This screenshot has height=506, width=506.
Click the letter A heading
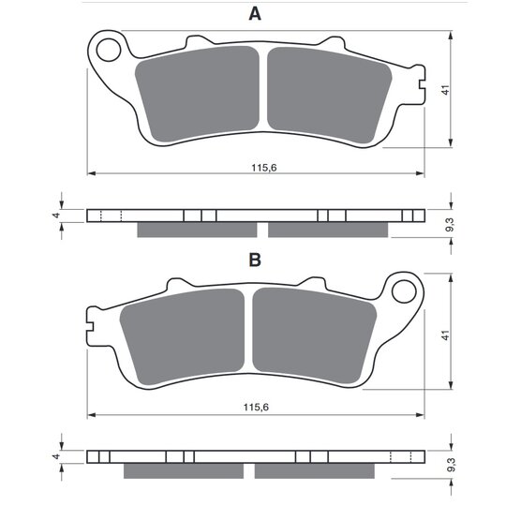(x=255, y=14)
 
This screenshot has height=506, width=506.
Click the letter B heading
(x=255, y=260)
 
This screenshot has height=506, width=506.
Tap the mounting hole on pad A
(x=109, y=50)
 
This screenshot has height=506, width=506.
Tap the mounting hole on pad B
(x=404, y=291)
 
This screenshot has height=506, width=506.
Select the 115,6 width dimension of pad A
(x=264, y=168)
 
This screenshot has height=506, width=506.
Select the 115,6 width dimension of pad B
(x=256, y=408)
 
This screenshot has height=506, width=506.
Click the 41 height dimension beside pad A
(x=445, y=90)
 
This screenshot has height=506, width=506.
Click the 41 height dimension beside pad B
(x=445, y=335)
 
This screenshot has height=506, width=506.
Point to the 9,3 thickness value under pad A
(x=450, y=225)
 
